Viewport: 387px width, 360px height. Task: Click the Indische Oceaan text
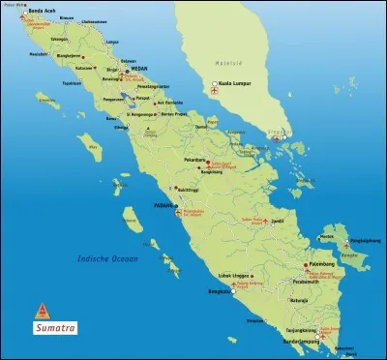pos(108,258)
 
